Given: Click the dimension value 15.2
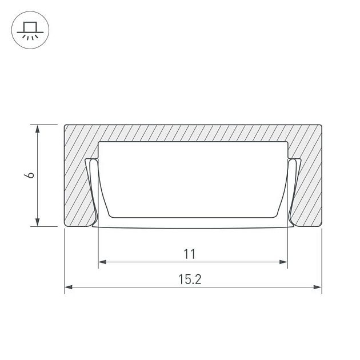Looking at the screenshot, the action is pyautogui.click(x=190, y=279).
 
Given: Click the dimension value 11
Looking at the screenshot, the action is pyautogui.click(x=190, y=254).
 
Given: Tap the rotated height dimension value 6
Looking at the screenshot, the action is pyautogui.click(x=29, y=175).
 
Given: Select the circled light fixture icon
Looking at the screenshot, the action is pyautogui.click(x=30, y=30).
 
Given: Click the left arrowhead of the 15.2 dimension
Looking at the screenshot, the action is pyautogui.click(x=69, y=287).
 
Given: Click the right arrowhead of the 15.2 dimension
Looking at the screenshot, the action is pyautogui.click(x=318, y=287).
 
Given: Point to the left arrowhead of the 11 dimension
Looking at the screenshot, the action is pyautogui.click(x=102, y=262).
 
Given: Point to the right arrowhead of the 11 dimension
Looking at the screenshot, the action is pyautogui.click(x=283, y=262).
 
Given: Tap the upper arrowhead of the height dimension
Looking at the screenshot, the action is pyautogui.click(x=37, y=129).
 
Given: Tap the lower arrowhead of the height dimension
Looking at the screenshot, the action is pyautogui.click(x=37, y=222).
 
